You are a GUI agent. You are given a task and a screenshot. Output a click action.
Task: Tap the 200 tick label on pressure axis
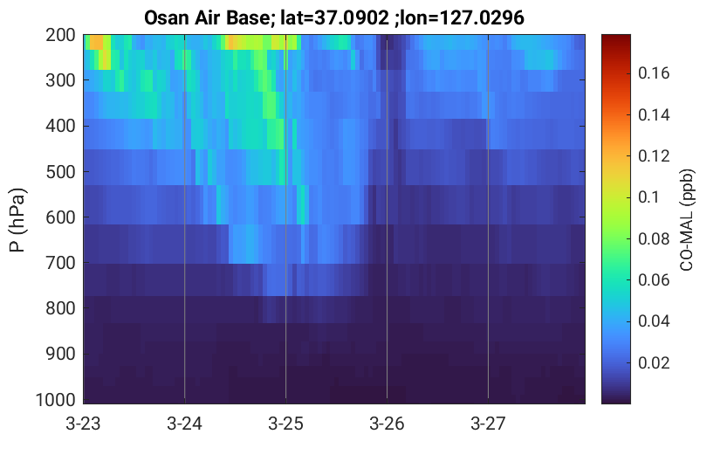tap(60, 35)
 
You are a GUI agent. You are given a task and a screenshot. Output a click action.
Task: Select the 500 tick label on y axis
tap(60, 172)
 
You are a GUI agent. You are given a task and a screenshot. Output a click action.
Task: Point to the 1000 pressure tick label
tap(56, 400)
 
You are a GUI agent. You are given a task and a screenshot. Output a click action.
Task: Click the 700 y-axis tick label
tap(60, 263)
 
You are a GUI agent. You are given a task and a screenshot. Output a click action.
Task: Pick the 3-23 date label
tap(84, 424)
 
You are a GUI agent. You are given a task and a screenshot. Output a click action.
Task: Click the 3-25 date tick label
tap(285, 424)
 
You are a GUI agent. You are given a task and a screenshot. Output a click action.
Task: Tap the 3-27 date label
tap(488, 424)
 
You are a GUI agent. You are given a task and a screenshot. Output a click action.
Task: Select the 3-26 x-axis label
tap(387, 424)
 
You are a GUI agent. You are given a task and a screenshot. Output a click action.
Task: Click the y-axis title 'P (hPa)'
tap(17, 220)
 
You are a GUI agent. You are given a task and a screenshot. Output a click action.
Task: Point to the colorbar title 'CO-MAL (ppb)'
tap(687, 220)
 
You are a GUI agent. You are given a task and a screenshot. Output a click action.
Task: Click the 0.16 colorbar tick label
tap(654, 72)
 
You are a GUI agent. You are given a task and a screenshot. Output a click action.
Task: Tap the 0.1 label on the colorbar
tap(648, 197)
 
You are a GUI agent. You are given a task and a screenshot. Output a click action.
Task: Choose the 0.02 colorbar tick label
tap(654, 362)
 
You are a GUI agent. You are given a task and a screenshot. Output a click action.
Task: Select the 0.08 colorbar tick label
tap(654, 239)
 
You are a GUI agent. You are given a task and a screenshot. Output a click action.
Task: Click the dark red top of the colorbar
tap(616, 42)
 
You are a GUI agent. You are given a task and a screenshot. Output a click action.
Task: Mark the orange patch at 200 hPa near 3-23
tap(96, 42)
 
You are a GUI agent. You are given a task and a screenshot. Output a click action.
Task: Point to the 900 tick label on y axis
tap(60, 354)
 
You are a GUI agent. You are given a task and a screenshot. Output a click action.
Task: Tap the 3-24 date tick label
tap(184, 424)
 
